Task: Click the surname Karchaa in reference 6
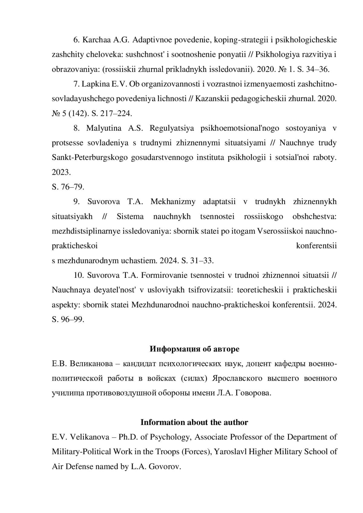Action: pyautogui.click(x=97, y=40)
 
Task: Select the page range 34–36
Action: pyautogui.click(x=317, y=70)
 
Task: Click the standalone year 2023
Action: pyautogui.click(x=61, y=172)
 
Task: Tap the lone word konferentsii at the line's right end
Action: pyautogui.click(x=316, y=246)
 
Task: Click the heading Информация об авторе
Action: pyautogui.click(x=195, y=349)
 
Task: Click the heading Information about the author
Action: pyautogui.click(x=194, y=422)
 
